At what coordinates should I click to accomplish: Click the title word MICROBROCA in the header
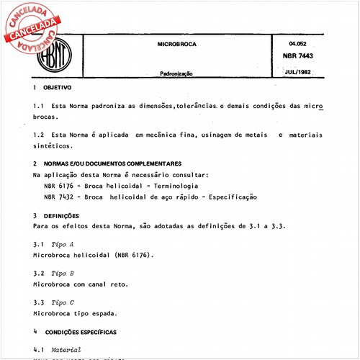click(176, 45)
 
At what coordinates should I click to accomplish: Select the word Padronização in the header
click(176, 73)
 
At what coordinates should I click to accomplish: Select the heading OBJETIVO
click(57, 87)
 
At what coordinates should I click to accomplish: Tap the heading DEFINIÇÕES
click(66, 215)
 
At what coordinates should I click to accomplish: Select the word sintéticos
click(53, 145)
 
